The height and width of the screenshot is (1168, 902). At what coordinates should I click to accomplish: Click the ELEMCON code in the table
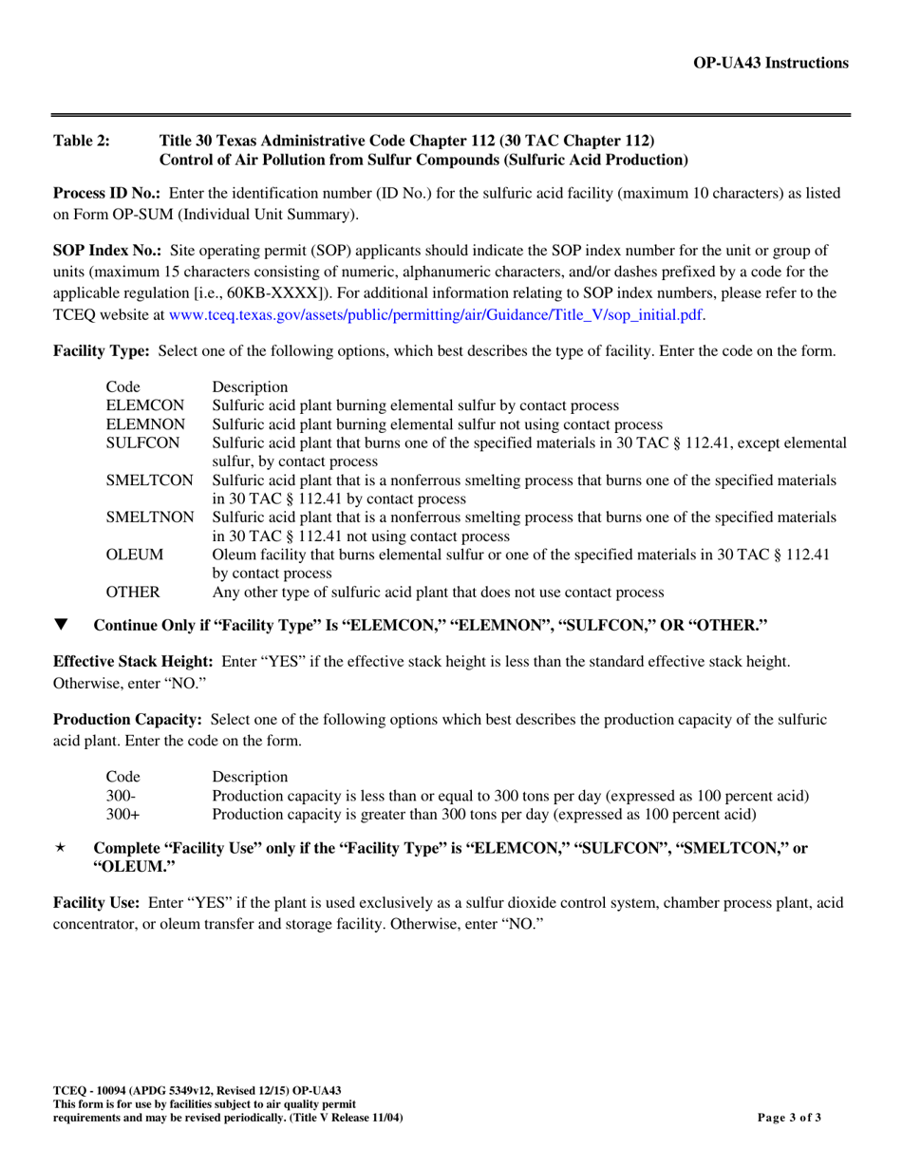144,405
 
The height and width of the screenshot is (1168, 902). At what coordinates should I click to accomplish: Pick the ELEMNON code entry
145,424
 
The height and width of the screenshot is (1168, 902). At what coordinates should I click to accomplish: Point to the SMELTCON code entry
149,480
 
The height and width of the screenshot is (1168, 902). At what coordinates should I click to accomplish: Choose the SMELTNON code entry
150,518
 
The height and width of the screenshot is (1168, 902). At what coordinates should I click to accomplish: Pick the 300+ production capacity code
122,814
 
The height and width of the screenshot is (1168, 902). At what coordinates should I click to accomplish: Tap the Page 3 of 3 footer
788,1118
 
